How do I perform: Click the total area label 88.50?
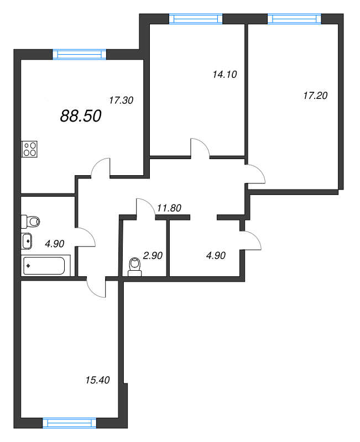point(81,116)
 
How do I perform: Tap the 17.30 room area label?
point(121,100)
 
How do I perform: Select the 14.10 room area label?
point(225,75)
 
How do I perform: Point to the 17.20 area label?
point(315,96)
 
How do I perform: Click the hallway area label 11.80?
point(169,208)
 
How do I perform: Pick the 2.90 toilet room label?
point(153,255)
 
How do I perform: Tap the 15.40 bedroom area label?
point(98,380)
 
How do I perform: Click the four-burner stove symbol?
point(30,149)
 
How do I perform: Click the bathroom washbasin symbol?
point(27,241)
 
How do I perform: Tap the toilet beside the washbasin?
point(30,222)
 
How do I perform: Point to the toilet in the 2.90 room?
point(134,267)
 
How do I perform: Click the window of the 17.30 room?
point(80,54)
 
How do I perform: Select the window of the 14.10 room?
point(196,19)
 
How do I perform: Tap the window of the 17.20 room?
point(294,19)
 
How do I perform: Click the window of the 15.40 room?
point(70,423)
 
